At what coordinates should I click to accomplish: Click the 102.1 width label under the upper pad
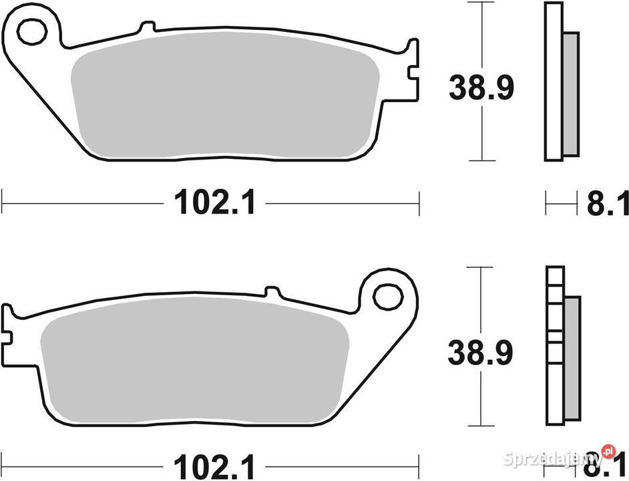click(215, 202)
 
